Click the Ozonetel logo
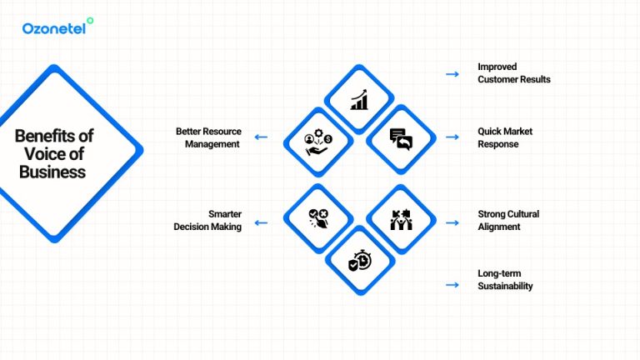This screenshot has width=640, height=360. pyautogui.click(x=57, y=27)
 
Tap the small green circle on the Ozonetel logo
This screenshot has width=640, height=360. pyautogui.click(x=91, y=21)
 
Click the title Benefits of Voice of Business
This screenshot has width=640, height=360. pyautogui.click(x=54, y=154)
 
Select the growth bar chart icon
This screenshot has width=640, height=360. pyautogui.click(x=359, y=101)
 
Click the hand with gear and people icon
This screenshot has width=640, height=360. pyautogui.click(x=318, y=140)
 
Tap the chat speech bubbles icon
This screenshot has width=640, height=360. pyautogui.click(x=401, y=139)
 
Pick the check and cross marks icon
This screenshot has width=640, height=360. pyautogui.click(x=317, y=219)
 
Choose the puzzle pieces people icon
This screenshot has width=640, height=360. pyautogui.click(x=401, y=220)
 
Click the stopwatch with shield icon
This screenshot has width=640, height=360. pyautogui.click(x=359, y=260)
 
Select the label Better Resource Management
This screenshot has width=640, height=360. pyautogui.click(x=207, y=137)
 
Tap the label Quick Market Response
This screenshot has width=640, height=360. pyautogui.click(x=505, y=137)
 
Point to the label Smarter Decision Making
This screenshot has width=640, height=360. pyautogui.click(x=207, y=220)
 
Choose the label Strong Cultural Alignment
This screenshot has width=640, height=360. pyautogui.click(x=508, y=220)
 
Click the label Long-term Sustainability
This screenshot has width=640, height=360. pyautogui.click(x=505, y=279)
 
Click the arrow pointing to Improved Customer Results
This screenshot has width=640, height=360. pyautogui.click(x=452, y=74)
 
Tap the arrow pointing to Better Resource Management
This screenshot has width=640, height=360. pyautogui.click(x=261, y=137)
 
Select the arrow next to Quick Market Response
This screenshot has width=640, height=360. pyautogui.click(x=452, y=137)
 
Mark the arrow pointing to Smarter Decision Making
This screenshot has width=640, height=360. pyautogui.click(x=261, y=222)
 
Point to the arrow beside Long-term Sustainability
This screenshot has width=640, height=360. pyautogui.click(x=452, y=285)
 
